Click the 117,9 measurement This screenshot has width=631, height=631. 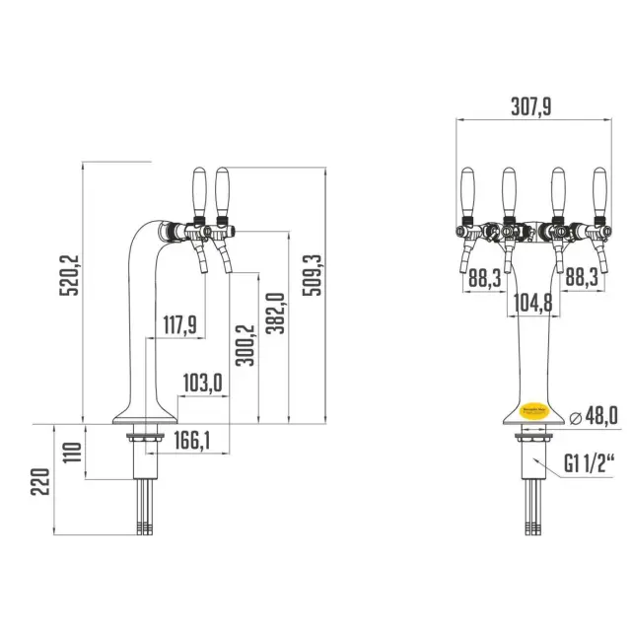[179, 324]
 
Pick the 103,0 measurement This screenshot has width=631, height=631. [203, 383]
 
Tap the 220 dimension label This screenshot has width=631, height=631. [40, 483]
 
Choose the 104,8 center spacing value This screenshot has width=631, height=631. [533, 303]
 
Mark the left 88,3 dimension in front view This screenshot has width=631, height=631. [484, 279]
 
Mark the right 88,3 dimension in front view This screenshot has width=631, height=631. [581, 279]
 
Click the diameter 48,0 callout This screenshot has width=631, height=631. [595, 417]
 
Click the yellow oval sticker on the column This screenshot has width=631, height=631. [533, 407]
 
